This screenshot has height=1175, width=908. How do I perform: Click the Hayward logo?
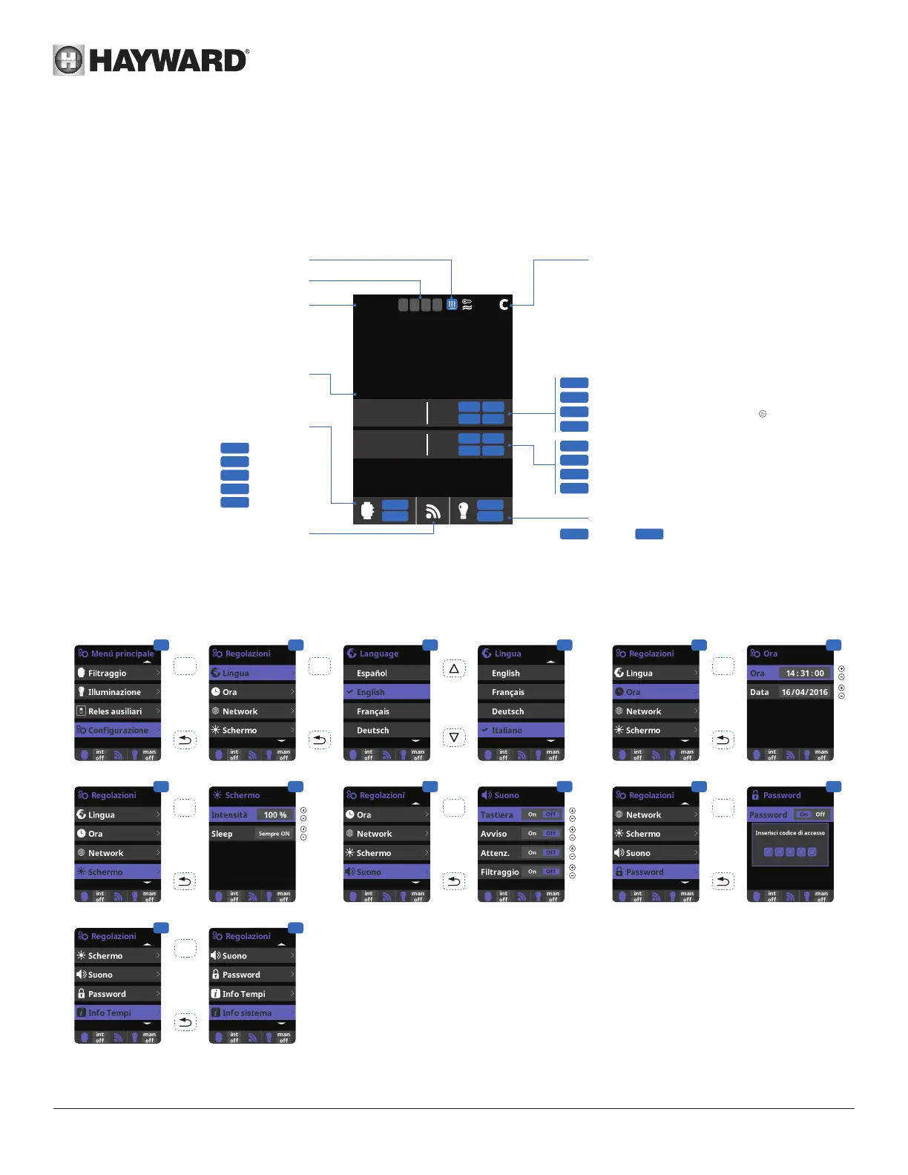click(151, 60)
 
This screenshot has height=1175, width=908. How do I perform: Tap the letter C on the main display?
click(504, 304)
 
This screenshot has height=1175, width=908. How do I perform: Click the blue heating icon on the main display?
click(451, 304)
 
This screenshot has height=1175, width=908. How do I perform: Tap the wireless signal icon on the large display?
click(433, 511)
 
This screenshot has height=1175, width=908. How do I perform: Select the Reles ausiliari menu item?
click(115, 711)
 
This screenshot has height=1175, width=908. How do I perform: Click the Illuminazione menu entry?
click(114, 692)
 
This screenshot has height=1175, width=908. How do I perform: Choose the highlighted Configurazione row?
click(118, 731)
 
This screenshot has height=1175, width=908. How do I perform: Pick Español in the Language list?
click(372, 674)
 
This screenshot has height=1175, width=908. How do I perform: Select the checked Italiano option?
click(507, 731)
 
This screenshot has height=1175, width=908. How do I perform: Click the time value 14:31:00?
click(805, 674)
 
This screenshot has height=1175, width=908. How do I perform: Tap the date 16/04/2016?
click(804, 692)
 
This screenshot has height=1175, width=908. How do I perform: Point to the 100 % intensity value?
click(274, 815)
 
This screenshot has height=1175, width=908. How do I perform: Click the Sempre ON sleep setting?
click(274, 834)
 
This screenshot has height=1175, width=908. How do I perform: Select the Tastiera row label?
click(496, 815)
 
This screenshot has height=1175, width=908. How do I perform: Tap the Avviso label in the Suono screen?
click(493, 834)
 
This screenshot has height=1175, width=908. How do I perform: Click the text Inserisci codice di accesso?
click(790, 833)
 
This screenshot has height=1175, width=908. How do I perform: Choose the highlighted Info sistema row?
click(247, 1013)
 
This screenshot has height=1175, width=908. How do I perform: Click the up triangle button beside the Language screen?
click(454, 668)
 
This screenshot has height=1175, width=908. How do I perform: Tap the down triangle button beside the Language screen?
click(454, 737)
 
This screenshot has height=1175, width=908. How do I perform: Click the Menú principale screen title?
click(122, 654)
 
